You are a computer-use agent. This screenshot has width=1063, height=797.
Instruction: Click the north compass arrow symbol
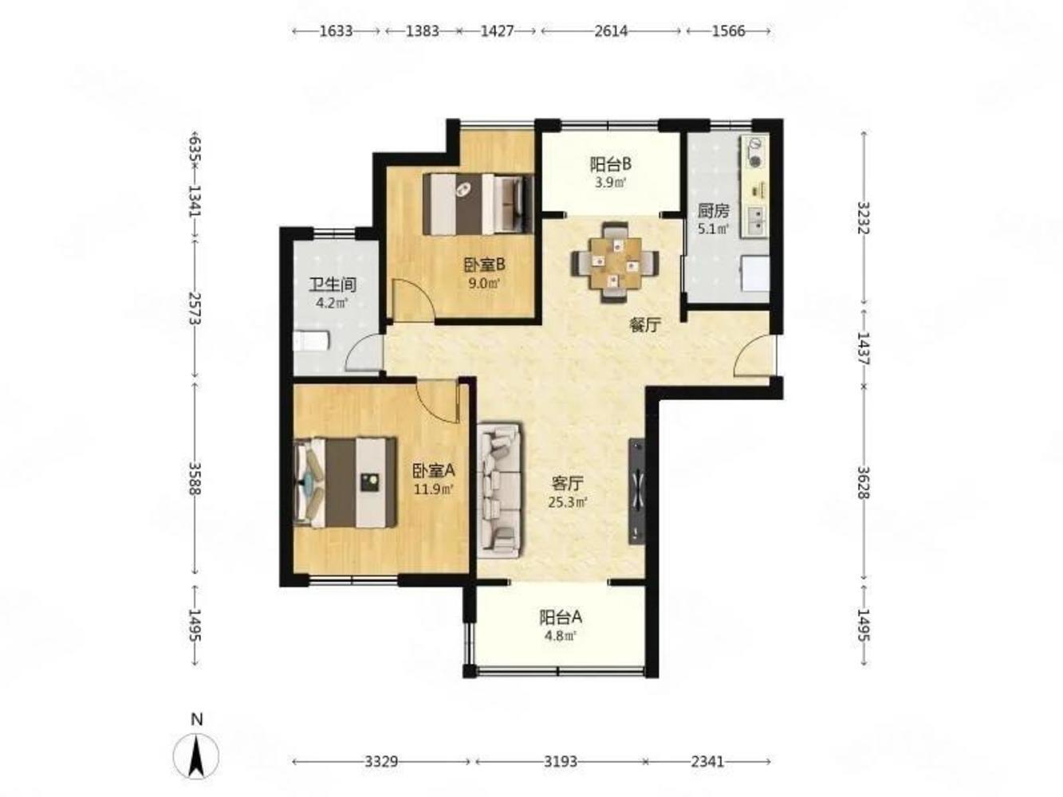[x=195, y=755]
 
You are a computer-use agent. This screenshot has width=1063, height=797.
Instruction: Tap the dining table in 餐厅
[x=615, y=262]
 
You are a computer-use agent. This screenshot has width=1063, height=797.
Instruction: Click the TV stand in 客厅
[x=636, y=492]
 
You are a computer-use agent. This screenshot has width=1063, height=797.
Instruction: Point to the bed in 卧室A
[x=345, y=482]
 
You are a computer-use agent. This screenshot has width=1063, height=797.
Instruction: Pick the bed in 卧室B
[x=478, y=204]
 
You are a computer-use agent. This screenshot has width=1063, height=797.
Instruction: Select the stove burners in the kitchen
[x=754, y=151]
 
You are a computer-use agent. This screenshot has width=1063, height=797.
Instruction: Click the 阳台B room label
[x=610, y=164]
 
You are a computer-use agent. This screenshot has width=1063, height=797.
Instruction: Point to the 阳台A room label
[x=561, y=617]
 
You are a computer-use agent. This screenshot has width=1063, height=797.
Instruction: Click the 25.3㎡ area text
[x=568, y=502]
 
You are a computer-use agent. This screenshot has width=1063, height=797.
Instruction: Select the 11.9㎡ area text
[x=434, y=489]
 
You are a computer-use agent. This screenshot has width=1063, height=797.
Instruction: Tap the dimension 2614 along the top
[x=611, y=31]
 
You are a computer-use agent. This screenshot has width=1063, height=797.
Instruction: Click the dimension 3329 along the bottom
[x=381, y=762]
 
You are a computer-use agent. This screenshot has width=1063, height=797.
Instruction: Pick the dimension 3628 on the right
[x=864, y=482]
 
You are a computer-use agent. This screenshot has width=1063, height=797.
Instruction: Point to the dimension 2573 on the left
[x=195, y=308]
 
